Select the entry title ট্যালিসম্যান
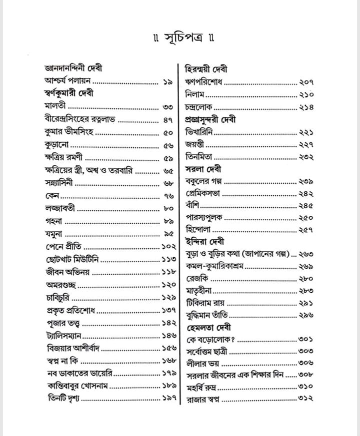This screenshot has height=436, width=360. tap(64, 335)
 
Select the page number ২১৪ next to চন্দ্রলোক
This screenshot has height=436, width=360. tap(306, 106)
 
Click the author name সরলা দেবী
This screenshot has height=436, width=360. tap(200, 169)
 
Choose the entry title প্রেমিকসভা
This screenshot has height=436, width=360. tap(203, 193)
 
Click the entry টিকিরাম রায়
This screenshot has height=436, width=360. tap(205, 303)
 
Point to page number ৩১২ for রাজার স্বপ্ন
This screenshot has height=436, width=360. tap(305, 399)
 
